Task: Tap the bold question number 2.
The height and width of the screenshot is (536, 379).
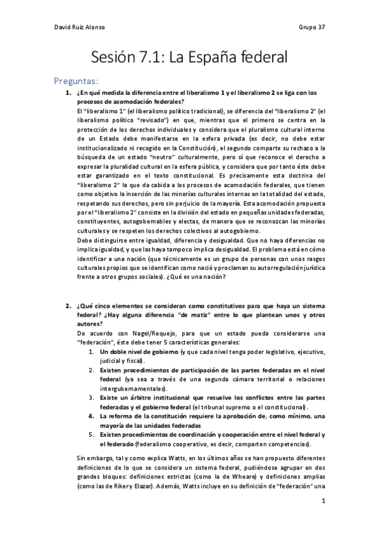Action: [68, 307]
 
